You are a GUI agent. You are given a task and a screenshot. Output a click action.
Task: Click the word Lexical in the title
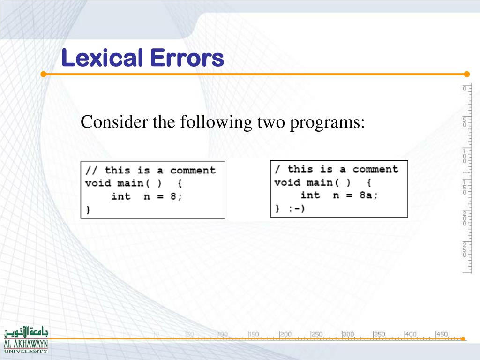(x=102, y=59)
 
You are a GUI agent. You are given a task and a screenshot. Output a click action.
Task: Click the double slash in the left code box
(x=91, y=170)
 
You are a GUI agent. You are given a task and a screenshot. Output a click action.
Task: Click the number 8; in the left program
(x=176, y=196)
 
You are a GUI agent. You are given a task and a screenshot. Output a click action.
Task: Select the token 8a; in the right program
(x=368, y=195)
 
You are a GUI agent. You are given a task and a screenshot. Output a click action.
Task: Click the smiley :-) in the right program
(x=296, y=209)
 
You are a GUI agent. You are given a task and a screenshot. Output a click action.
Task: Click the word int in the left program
(x=121, y=196)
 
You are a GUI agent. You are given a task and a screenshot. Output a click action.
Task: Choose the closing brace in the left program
(x=88, y=210)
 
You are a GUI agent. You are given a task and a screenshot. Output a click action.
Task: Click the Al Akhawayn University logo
(x=26, y=339)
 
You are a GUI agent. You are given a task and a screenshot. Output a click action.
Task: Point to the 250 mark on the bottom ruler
(x=317, y=334)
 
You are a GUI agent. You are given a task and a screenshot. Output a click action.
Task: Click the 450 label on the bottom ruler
(x=442, y=334)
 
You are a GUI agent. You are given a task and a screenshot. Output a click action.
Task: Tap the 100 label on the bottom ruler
(x=223, y=334)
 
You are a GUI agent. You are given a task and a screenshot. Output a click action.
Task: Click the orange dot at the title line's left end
(x=43, y=74)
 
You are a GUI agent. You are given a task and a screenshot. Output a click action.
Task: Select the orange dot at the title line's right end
(x=466, y=74)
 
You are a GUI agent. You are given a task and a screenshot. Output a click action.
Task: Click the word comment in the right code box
(x=375, y=169)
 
